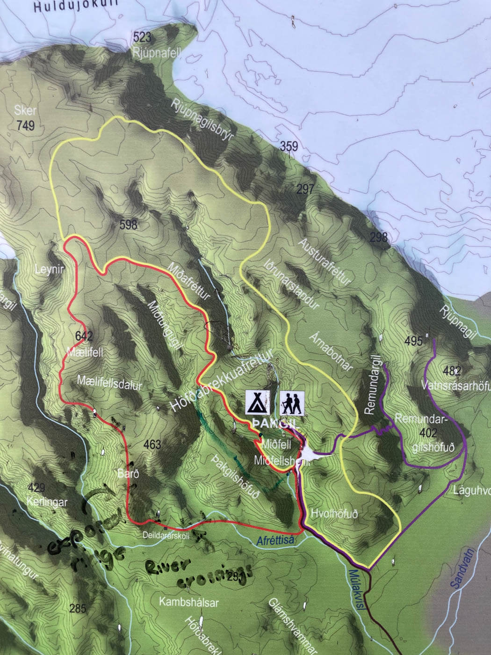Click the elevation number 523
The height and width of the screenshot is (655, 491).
(x=142, y=37)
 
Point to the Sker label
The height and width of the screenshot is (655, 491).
(x=25, y=111)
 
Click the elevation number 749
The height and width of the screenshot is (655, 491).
(x=25, y=125)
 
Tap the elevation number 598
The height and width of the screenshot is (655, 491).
(x=128, y=225)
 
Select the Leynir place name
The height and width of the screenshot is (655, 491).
(x=49, y=269)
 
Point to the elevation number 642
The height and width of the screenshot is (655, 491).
(x=84, y=336)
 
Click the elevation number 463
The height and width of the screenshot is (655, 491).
(x=152, y=444)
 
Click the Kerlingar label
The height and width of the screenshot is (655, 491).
(x=47, y=502)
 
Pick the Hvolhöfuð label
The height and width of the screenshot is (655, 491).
(x=334, y=514)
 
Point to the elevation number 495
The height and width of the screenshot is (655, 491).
(x=413, y=341)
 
